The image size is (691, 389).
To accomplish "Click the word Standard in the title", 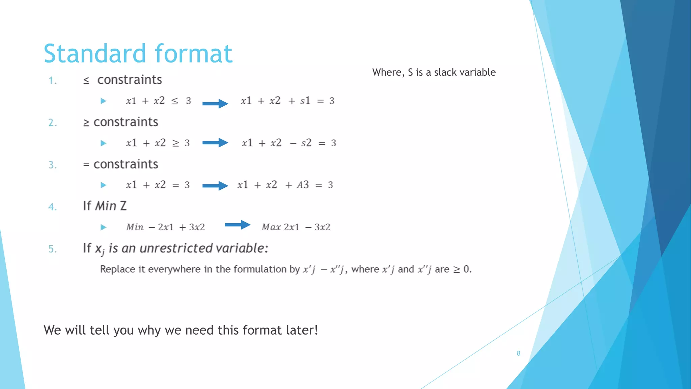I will pos(95,54).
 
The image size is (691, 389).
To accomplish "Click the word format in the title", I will pos(194,54).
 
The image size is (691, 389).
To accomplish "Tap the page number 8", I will pos(518,353).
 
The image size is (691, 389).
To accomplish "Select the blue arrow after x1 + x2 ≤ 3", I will pos(215,103).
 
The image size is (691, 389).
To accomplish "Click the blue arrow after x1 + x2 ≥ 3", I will pos(215,142).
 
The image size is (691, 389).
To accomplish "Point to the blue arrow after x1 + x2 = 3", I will pos(215,185).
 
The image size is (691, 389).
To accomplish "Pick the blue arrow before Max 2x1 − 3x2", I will pos(238,225).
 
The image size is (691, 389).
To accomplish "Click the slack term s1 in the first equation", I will pos(305,101).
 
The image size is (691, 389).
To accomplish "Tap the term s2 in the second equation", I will pos(306,143).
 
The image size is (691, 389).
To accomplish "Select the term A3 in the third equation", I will pos(303,185).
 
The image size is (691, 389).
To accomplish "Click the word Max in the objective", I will pos(271,227).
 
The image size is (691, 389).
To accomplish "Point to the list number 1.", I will pos(52,81).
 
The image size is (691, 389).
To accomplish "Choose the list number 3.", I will pos(52,165).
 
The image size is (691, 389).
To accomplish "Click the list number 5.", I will pos(52,249).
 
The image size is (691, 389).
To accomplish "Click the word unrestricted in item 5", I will pos(176,248).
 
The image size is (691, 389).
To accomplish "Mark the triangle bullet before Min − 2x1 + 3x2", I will pos(104,227).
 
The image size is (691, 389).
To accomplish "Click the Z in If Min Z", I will pos(123,206).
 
